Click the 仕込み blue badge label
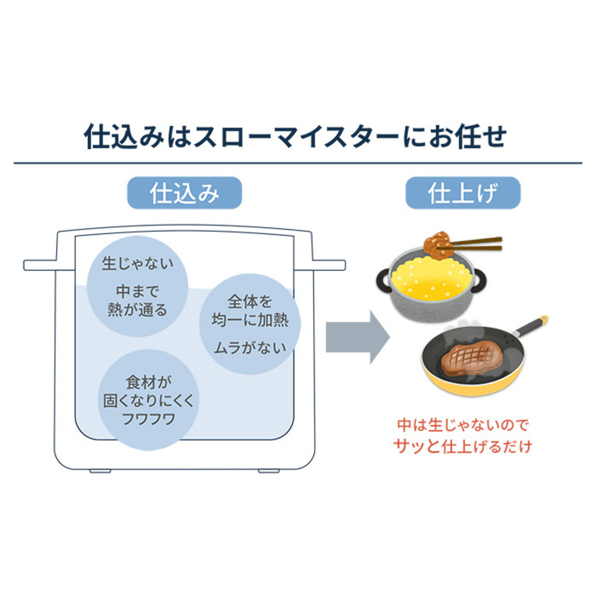pos(184,193)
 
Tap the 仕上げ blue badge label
pos(462,193)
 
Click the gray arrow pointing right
pos(357,337)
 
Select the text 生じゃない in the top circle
pos(138,263)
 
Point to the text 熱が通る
pos(138,310)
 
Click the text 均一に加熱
pos(250,320)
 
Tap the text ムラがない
pos(250,348)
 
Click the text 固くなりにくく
pos(149,401)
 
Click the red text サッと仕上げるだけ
pos(462,446)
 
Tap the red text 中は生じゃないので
pos(462,425)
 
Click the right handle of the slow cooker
pos(328,265)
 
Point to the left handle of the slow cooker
pos(41,265)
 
